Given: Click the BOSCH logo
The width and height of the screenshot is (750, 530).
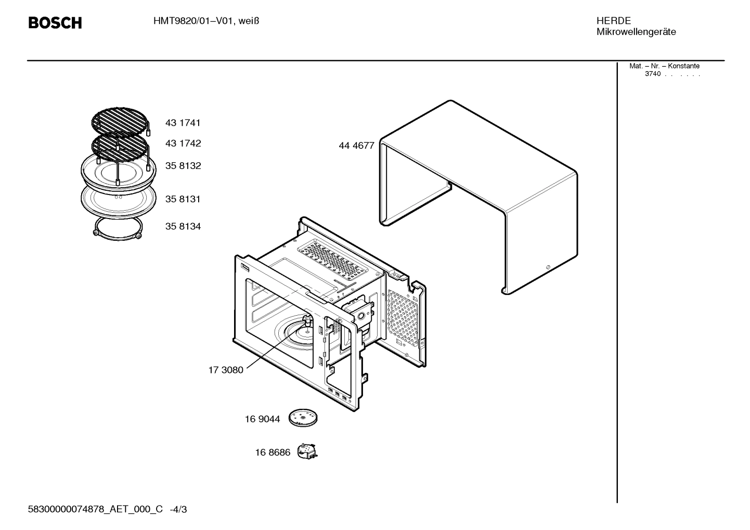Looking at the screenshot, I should pyautogui.click(x=55, y=23).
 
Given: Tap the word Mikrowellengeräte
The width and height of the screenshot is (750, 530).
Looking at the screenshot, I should pyautogui.click(x=636, y=32).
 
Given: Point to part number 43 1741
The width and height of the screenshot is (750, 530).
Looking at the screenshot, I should pyautogui.click(x=183, y=123).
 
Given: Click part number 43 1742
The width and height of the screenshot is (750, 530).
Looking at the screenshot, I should pyautogui.click(x=183, y=144).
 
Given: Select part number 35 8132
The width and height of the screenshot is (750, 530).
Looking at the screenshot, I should pyautogui.click(x=183, y=166).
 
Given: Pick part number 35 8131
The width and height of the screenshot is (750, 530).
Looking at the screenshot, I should pyautogui.click(x=183, y=199).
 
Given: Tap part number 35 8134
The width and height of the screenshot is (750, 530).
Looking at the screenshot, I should pyautogui.click(x=183, y=227).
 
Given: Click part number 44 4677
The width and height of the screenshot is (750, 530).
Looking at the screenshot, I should pyautogui.click(x=356, y=146).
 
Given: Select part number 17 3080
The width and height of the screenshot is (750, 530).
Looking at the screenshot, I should pyautogui.click(x=226, y=370).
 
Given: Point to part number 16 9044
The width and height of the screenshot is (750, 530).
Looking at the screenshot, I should pyautogui.click(x=262, y=419).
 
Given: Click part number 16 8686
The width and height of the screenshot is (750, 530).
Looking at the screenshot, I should pyautogui.click(x=273, y=453).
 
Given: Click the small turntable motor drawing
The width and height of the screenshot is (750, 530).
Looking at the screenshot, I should pyautogui.click(x=307, y=451).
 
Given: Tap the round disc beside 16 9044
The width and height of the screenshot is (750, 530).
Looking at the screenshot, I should pyautogui.click(x=303, y=417).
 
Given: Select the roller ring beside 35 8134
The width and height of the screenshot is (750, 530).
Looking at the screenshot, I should pyautogui.click(x=118, y=229).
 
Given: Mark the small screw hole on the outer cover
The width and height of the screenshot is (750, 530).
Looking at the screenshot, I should pyautogui.click(x=547, y=267).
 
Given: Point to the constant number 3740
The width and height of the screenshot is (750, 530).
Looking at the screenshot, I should pyautogui.click(x=652, y=74).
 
